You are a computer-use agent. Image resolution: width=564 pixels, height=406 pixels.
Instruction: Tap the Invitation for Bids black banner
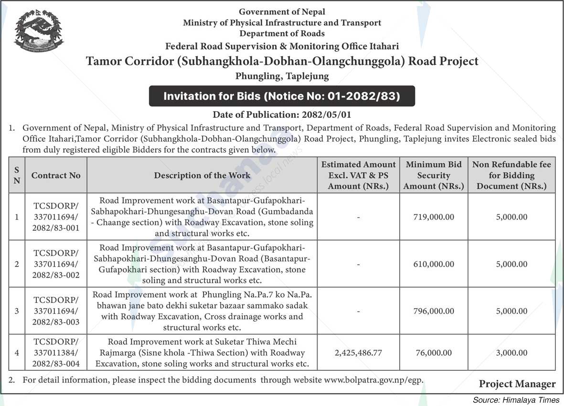coord(282,96)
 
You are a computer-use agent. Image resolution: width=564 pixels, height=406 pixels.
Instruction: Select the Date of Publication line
coord(282,115)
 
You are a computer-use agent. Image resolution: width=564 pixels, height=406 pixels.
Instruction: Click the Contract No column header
coord(56,175)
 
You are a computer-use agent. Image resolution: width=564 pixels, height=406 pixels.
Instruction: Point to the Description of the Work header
coord(202,175)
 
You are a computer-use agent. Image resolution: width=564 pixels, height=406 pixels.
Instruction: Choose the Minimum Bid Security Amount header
coord(434,175)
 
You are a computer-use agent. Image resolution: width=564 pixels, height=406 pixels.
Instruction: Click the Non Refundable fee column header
coord(511,175)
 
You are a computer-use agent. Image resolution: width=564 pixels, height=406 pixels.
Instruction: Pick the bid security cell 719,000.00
coord(434,217)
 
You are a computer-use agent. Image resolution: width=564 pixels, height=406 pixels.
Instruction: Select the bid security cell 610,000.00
coord(434,264)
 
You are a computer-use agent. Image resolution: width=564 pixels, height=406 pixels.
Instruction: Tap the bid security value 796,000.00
coord(434,311)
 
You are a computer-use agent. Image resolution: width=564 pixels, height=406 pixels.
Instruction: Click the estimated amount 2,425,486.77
coord(358,353)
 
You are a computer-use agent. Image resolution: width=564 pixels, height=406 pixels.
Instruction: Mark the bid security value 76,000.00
coord(434,353)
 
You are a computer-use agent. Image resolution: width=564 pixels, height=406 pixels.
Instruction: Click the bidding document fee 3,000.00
coord(511,353)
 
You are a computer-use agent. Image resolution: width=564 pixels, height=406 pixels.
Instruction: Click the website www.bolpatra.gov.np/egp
coord(373,380)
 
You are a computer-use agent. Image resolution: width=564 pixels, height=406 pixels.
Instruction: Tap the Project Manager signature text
coord(517,384)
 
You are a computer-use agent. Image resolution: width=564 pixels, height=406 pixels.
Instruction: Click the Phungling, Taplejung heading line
coord(282,76)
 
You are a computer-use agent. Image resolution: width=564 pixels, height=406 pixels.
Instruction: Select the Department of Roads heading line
coord(282,33)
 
